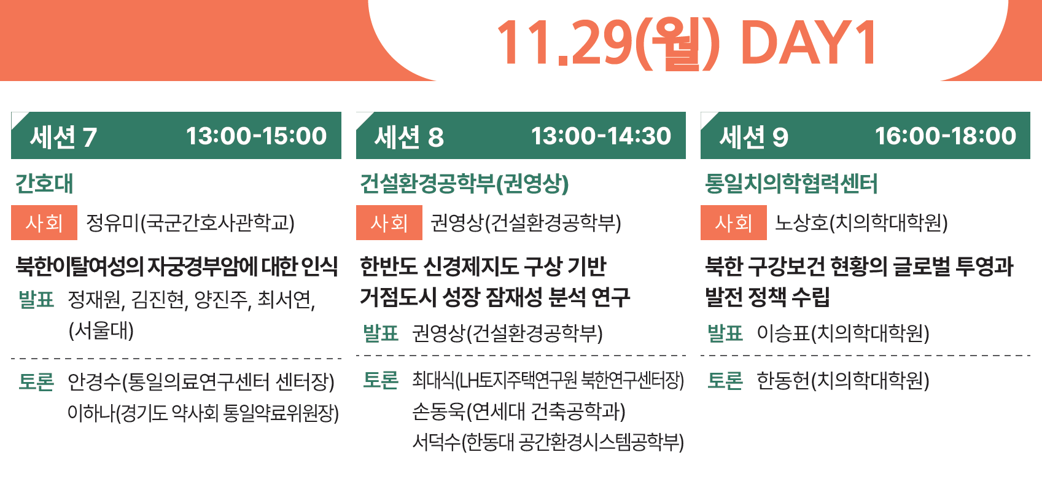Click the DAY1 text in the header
809,43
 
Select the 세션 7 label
63,137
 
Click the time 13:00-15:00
256,136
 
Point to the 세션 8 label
409,137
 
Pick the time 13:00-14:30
601,136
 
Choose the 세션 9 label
753,137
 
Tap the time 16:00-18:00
945,136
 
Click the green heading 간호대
44,183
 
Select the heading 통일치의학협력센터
791,183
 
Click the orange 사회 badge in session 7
44,222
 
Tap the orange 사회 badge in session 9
734,222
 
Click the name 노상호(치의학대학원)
861,222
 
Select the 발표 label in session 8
381,333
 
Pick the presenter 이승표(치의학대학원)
843,333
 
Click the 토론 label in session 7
36,381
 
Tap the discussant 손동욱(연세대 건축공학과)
519,411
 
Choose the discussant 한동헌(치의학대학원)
843,381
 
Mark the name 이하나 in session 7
91,413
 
